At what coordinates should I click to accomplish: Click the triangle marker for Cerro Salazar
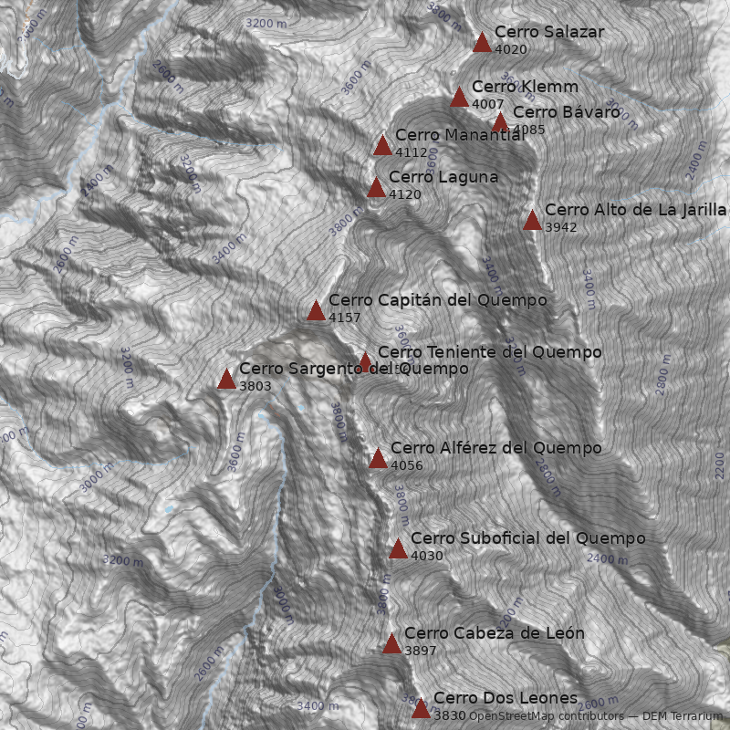483,42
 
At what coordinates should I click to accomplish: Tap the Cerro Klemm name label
525,88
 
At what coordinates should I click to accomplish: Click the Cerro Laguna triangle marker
376,188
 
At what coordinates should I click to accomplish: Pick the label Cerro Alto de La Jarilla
635,210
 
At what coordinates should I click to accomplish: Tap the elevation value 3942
561,227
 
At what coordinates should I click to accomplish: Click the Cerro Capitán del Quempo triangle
316,311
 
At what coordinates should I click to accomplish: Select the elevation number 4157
345,318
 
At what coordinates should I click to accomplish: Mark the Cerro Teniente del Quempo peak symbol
365,362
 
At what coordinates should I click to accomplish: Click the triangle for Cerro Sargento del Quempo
226,380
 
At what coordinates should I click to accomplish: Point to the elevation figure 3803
255,387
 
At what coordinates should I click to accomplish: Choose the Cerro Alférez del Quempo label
495,448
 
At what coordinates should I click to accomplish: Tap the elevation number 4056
407,465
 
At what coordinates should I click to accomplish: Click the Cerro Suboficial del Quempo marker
398,548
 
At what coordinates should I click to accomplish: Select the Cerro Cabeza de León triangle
391,644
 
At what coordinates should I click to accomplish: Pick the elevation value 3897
421,651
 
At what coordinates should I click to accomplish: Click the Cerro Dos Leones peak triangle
421,709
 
